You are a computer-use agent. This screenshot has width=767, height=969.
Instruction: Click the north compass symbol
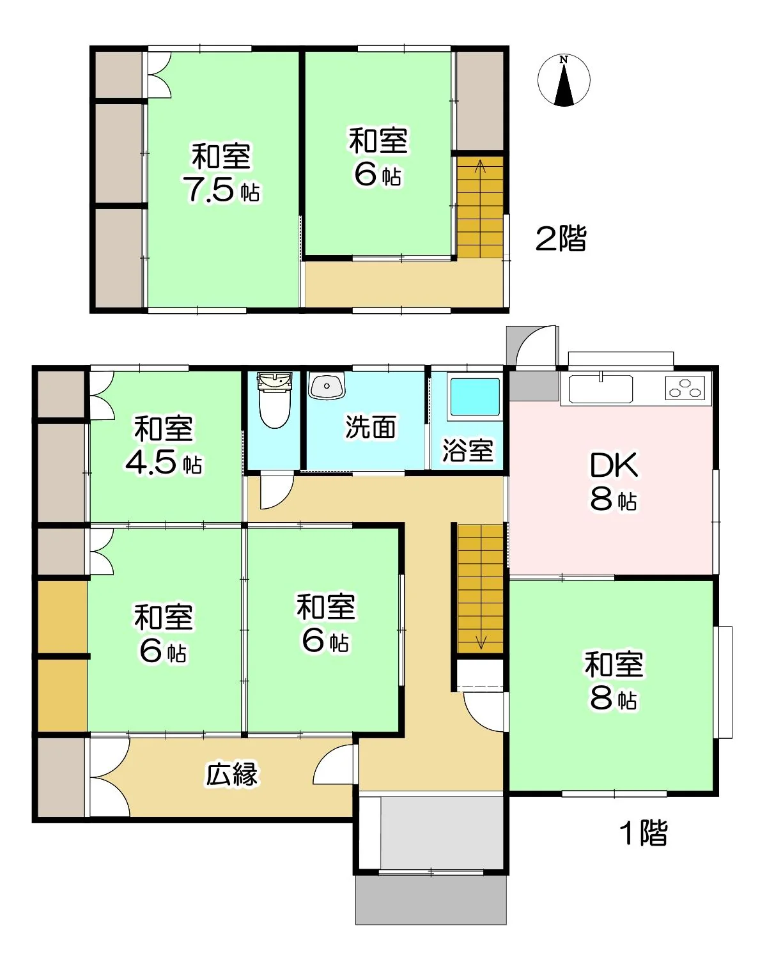[564, 81]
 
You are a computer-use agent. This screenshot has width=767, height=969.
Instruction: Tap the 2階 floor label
[561, 238]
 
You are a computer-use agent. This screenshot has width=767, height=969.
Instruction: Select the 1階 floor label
[644, 833]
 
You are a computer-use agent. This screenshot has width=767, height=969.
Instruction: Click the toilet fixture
[275, 400]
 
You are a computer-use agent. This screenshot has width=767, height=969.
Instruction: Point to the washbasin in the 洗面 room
[327, 386]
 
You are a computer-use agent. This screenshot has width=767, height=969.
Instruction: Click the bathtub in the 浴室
[475, 397]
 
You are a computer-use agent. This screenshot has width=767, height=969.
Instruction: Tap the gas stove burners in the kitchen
[685, 388]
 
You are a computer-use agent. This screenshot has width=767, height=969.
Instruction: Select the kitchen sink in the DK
[600, 389]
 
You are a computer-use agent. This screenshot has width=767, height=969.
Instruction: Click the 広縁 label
[231, 774]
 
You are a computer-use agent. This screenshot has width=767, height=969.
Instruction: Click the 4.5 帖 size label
[164, 462]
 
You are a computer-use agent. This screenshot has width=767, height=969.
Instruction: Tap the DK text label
[614, 465]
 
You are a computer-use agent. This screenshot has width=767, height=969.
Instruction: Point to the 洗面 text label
[370, 426]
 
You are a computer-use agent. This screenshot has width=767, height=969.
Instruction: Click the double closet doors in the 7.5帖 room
[159, 75]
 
